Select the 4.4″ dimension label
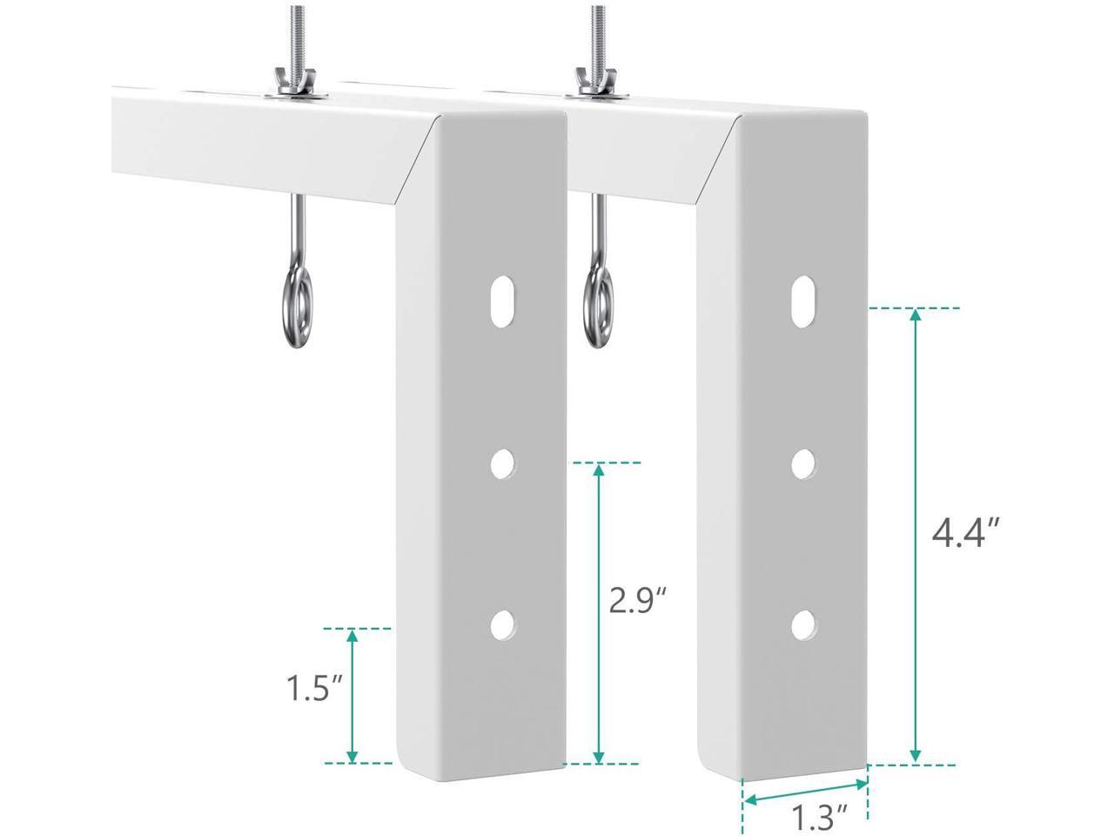[964, 533]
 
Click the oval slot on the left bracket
[502, 301]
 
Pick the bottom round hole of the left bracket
[502, 624]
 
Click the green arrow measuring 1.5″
[352, 695]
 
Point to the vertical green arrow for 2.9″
[599, 614]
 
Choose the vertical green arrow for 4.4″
[915, 536]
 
